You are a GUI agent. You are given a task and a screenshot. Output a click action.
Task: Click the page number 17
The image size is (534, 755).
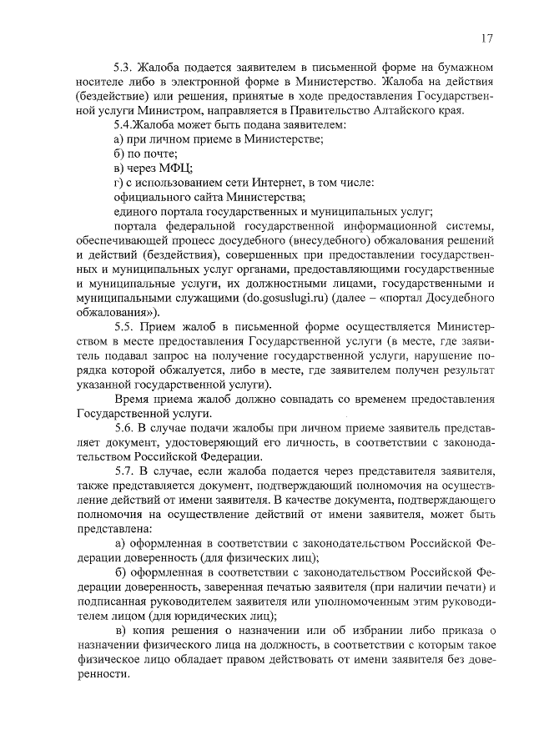[486, 38]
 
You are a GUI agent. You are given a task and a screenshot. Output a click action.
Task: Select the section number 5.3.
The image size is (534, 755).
[123, 65]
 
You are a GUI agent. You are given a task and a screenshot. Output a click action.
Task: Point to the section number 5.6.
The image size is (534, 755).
[123, 427]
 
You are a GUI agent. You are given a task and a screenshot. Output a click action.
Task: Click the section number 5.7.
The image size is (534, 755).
[123, 472]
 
